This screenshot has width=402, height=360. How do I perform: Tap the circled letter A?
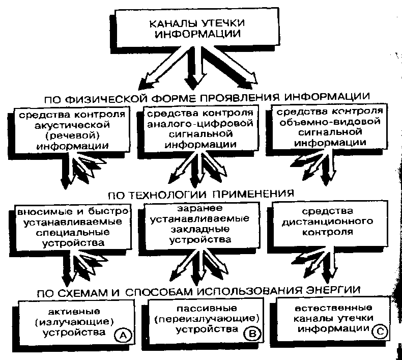pyautogui.click(x=123, y=335)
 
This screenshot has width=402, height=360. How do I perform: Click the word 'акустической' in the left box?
pyautogui.click(x=66, y=124)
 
